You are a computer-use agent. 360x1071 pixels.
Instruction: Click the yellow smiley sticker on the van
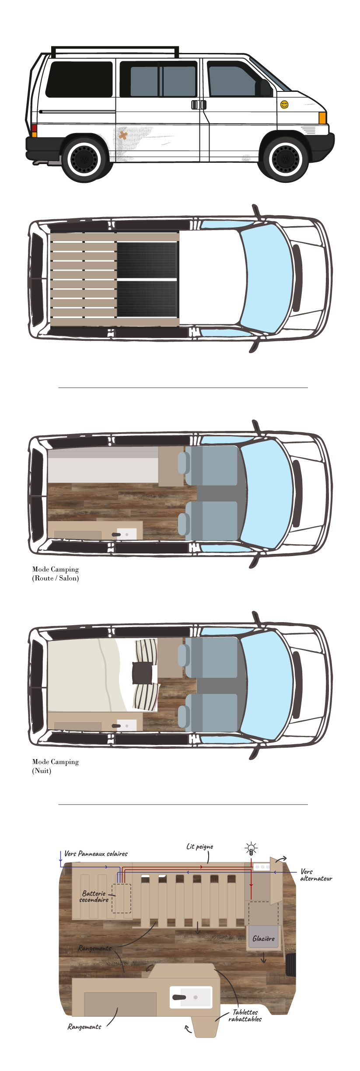[x=284, y=105]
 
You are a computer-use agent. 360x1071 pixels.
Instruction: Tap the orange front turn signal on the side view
[x=322, y=118]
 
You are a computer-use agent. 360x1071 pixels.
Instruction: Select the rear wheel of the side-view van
[x=84, y=159]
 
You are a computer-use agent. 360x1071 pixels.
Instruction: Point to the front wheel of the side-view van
[x=285, y=159]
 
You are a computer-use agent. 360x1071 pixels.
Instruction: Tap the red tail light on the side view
[x=34, y=128]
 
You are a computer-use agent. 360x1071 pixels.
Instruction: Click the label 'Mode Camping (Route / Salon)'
[x=56, y=574]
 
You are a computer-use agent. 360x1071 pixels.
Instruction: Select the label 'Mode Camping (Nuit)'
[x=56, y=766]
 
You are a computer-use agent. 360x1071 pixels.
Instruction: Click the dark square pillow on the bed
[x=142, y=673]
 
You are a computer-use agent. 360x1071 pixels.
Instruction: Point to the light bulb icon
[x=251, y=849]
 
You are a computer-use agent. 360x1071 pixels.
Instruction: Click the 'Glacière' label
[x=263, y=938]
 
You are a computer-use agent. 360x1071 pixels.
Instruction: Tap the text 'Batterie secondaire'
[x=94, y=896]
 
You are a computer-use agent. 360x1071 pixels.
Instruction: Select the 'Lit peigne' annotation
[x=200, y=847]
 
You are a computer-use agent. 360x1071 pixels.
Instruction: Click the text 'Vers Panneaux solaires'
[x=96, y=854]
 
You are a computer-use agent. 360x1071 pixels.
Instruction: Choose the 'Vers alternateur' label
[x=316, y=875]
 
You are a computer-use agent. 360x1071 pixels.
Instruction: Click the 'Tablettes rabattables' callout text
[x=245, y=1015]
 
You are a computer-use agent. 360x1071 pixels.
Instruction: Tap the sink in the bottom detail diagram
[x=191, y=997]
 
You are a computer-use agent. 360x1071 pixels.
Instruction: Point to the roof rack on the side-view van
[x=115, y=49]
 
